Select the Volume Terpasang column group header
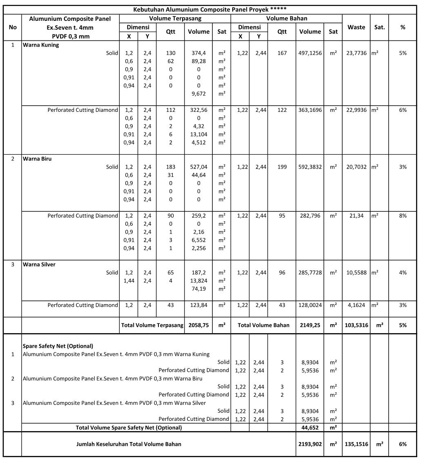[175, 18]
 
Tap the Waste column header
[356, 27]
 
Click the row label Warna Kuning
[41, 45]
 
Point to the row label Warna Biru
[37, 159]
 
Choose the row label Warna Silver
[39, 265]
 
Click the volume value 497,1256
[310, 53]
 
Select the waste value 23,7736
[356, 53]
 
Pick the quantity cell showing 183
[170, 167]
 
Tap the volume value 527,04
[198, 167]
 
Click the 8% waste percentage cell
[403, 216]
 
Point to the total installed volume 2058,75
[198, 325]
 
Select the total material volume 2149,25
[310, 325]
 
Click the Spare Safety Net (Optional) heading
[58, 346]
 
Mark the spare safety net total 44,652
[310, 427]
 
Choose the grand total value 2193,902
[310, 444]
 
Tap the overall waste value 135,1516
[356, 444]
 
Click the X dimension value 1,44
[129, 281]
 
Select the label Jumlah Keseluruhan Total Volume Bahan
[129, 444]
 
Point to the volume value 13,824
[198, 281]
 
